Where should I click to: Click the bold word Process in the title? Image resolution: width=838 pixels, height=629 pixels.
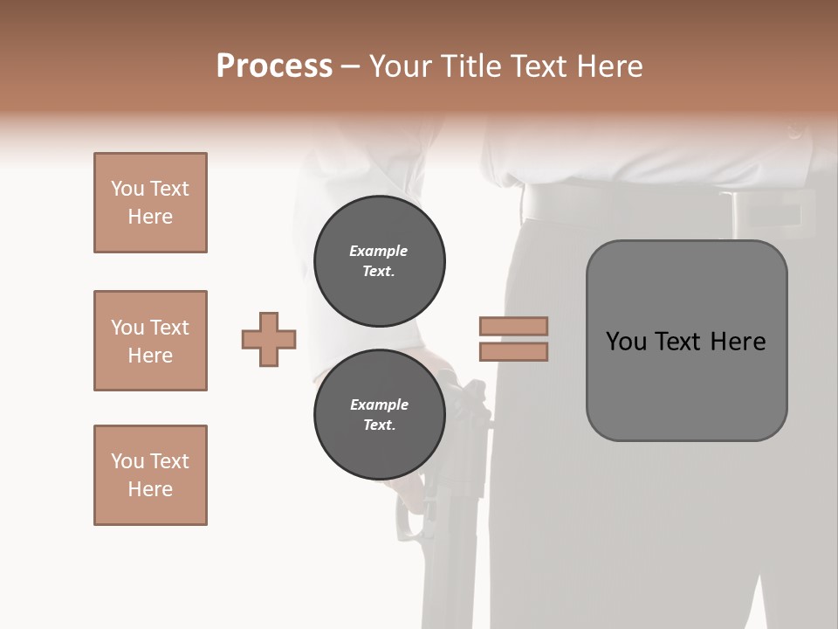tap(274, 66)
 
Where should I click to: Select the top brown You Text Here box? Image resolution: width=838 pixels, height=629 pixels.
tap(150, 203)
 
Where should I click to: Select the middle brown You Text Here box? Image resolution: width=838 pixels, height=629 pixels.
tap(150, 341)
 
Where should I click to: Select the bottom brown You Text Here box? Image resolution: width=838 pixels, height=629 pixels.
tap(150, 475)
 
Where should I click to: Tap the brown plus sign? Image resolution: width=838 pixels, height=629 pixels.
tap(269, 339)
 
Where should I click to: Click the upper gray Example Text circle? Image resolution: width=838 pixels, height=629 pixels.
tap(379, 260)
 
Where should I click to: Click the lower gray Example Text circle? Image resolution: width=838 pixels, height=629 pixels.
tap(379, 415)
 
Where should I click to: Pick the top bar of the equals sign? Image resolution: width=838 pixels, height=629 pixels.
tap(513, 327)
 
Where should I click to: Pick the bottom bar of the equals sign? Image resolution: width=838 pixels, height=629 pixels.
tap(513, 351)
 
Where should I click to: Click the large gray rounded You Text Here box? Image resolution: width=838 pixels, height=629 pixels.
tap(686, 341)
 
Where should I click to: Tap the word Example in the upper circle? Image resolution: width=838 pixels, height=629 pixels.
tap(379, 251)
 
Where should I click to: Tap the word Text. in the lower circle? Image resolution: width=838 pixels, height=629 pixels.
tap(379, 425)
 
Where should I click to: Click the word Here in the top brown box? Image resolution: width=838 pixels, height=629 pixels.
tap(150, 217)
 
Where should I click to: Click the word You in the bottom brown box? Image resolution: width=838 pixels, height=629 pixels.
tap(127, 461)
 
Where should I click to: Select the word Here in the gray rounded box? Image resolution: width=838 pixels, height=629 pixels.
tap(738, 342)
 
